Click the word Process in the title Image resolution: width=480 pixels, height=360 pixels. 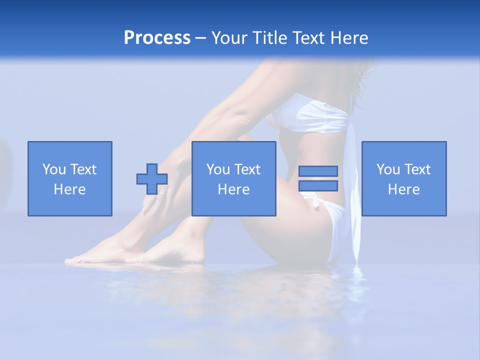157,38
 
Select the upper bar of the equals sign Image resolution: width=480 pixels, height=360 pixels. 318,171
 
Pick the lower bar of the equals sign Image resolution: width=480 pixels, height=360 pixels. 318,186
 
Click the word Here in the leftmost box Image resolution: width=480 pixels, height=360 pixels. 69,189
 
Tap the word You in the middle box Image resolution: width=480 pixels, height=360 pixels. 217,169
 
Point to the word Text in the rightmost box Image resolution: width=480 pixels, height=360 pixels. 417,169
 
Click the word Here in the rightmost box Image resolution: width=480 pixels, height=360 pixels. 403,189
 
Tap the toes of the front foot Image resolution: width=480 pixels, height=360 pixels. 75,259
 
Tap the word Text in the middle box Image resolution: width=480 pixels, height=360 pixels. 247,169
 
